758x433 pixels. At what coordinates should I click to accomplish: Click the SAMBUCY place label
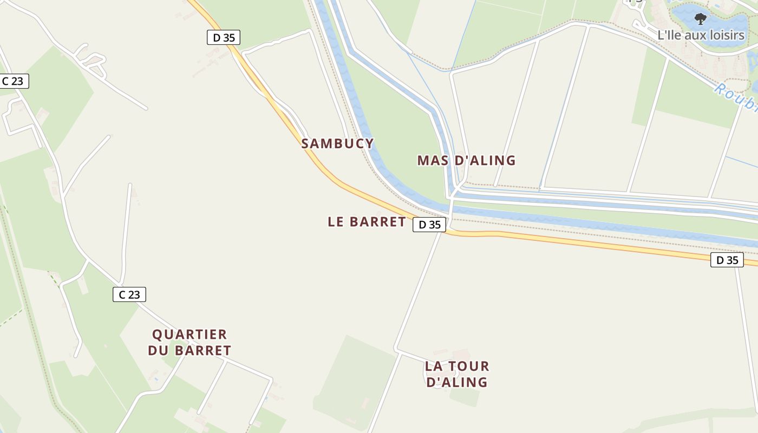pyautogui.click(x=337, y=143)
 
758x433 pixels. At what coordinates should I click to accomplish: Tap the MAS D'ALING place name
pyautogui.click(x=466, y=160)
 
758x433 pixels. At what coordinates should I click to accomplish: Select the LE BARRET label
pyautogui.click(x=367, y=222)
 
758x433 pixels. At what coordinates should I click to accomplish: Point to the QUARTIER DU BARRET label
pyautogui.click(x=190, y=343)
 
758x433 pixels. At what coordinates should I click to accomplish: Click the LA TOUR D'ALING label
pyautogui.click(x=457, y=374)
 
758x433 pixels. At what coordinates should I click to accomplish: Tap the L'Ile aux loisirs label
pyautogui.click(x=701, y=35)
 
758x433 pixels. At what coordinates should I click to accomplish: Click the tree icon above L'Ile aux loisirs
pyautogui.click(x=701, y=19)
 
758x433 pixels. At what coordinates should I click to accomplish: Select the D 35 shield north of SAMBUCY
pyautogui.click(x=223, y=37)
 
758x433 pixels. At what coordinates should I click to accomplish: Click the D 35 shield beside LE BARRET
pyautogui.click(x=429, y=225)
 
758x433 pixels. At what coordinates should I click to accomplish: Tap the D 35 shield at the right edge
pyautogui.click(x=727, y=260)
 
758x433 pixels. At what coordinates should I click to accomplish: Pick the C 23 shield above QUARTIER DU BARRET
pyautogui.click(x=129, y=294)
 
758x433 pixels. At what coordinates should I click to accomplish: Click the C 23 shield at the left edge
pyautogui.click(x=12, y=81)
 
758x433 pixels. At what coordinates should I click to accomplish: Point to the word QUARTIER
pyautogui.click(x=190, y=334)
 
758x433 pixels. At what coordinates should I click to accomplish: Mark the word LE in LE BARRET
pyautogui.click(x=336, y=222)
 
